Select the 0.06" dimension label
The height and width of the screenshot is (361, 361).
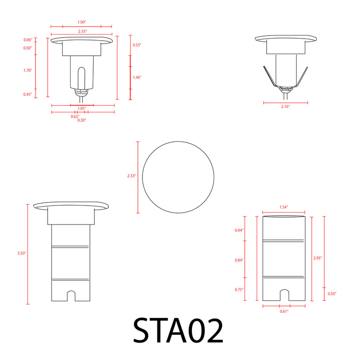28,40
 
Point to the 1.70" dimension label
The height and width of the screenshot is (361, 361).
28,71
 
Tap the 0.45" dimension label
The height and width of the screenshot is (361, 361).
28,94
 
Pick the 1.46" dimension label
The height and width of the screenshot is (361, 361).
137,77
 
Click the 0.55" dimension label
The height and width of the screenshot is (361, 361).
137,45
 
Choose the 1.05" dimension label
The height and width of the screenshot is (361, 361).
82,108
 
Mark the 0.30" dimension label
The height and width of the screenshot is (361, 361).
82,120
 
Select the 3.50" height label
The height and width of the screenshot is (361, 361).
21,254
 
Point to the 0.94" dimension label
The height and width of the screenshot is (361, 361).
239,230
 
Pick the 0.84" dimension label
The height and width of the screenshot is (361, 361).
239,260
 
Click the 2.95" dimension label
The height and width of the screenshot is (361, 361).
317,258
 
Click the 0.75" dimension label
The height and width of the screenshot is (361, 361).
239,290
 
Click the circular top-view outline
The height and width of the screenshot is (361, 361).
178,177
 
